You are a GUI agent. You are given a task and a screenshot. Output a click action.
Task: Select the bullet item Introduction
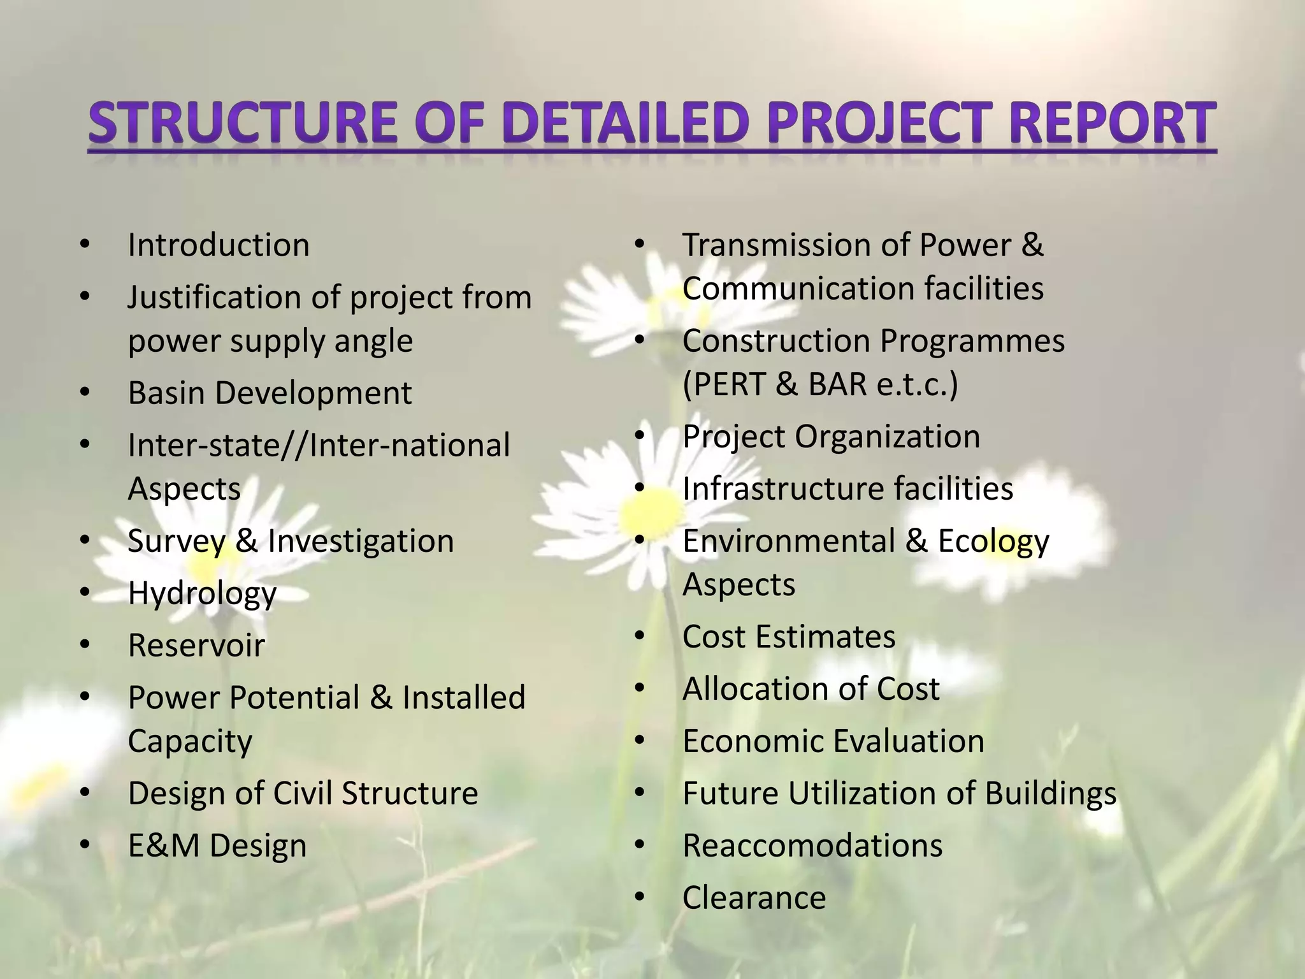click(219, 245)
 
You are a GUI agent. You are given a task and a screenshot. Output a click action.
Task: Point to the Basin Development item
click(270, 393)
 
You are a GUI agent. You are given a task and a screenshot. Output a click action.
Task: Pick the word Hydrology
click(202, 594)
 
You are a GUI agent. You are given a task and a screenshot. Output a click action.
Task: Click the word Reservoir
click(196, 645)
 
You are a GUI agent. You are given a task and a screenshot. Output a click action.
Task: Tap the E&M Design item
click(217, 846)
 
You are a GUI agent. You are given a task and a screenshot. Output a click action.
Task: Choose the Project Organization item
click(831, 437)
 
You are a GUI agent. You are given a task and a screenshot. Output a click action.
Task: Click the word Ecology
click(993, 542)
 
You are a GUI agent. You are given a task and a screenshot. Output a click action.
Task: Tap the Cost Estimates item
click(789, 637)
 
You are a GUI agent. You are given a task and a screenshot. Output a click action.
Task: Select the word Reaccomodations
click(812, 846)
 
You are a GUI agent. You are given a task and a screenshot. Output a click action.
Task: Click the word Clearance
click(754, 898)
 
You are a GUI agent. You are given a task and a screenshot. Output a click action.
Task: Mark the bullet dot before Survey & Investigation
click(85, 541)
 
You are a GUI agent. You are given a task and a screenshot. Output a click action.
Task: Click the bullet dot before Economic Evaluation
click(640, 741)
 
